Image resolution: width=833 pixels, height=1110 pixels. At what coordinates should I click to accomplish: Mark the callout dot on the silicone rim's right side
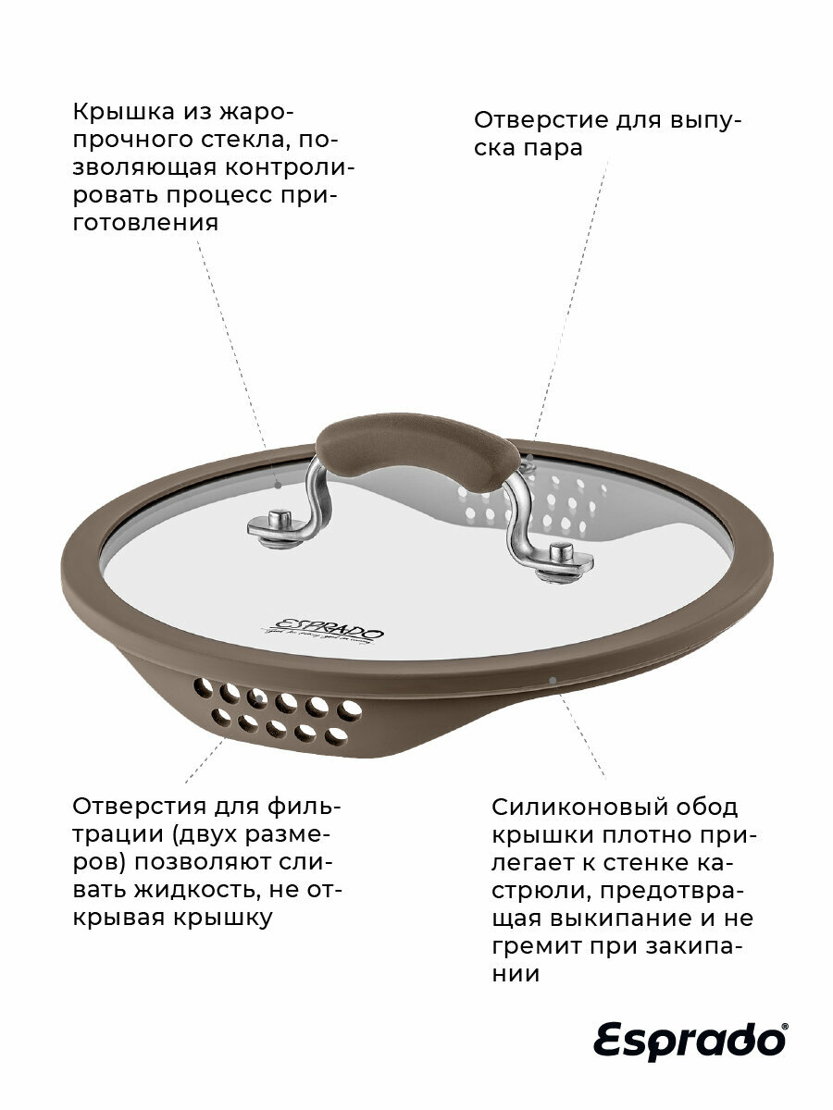(x=553, y=681)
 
